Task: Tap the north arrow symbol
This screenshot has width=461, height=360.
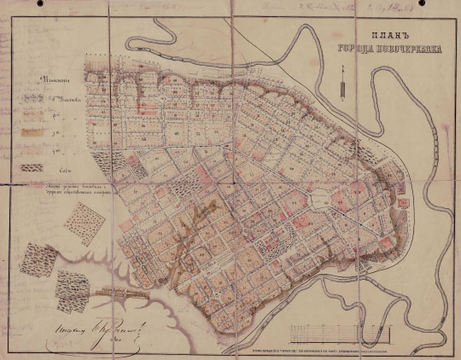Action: (x=340, y=84)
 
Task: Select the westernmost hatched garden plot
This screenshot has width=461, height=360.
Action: (x=33, y=256)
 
